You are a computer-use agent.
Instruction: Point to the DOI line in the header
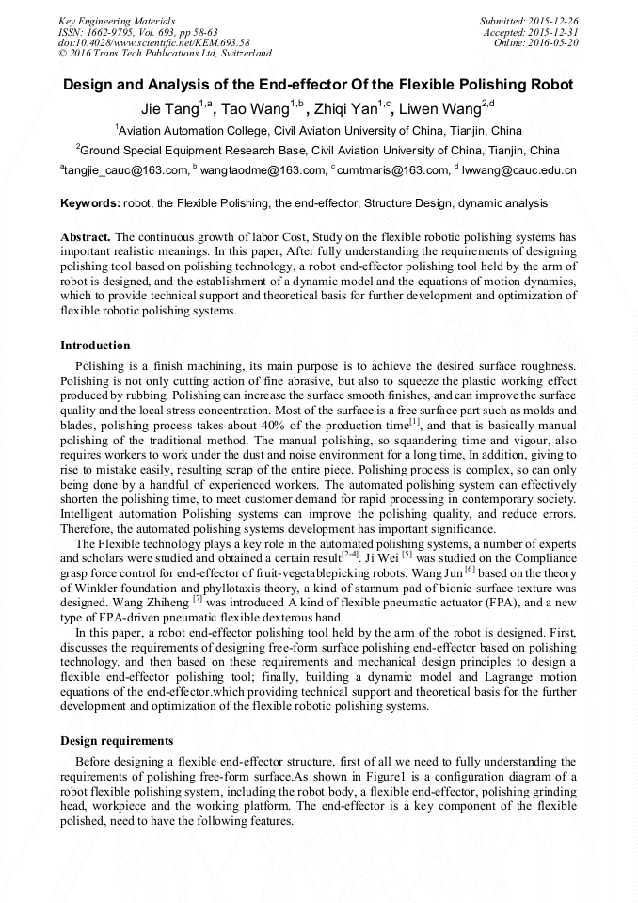(154, 42)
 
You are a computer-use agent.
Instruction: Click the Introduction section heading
(95, 346)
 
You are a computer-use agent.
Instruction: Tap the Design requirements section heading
(117, 741)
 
